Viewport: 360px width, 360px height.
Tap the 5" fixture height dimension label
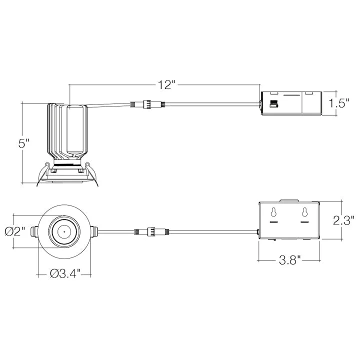24,143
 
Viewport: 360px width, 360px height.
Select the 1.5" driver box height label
338,103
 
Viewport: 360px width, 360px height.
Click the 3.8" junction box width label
289,260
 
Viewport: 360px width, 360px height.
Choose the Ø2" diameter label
14,231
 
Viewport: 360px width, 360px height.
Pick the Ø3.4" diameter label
65,273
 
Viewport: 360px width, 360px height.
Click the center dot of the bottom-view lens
64,231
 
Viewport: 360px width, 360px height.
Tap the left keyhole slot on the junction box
273,212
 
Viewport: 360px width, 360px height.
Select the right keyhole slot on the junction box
304,212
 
